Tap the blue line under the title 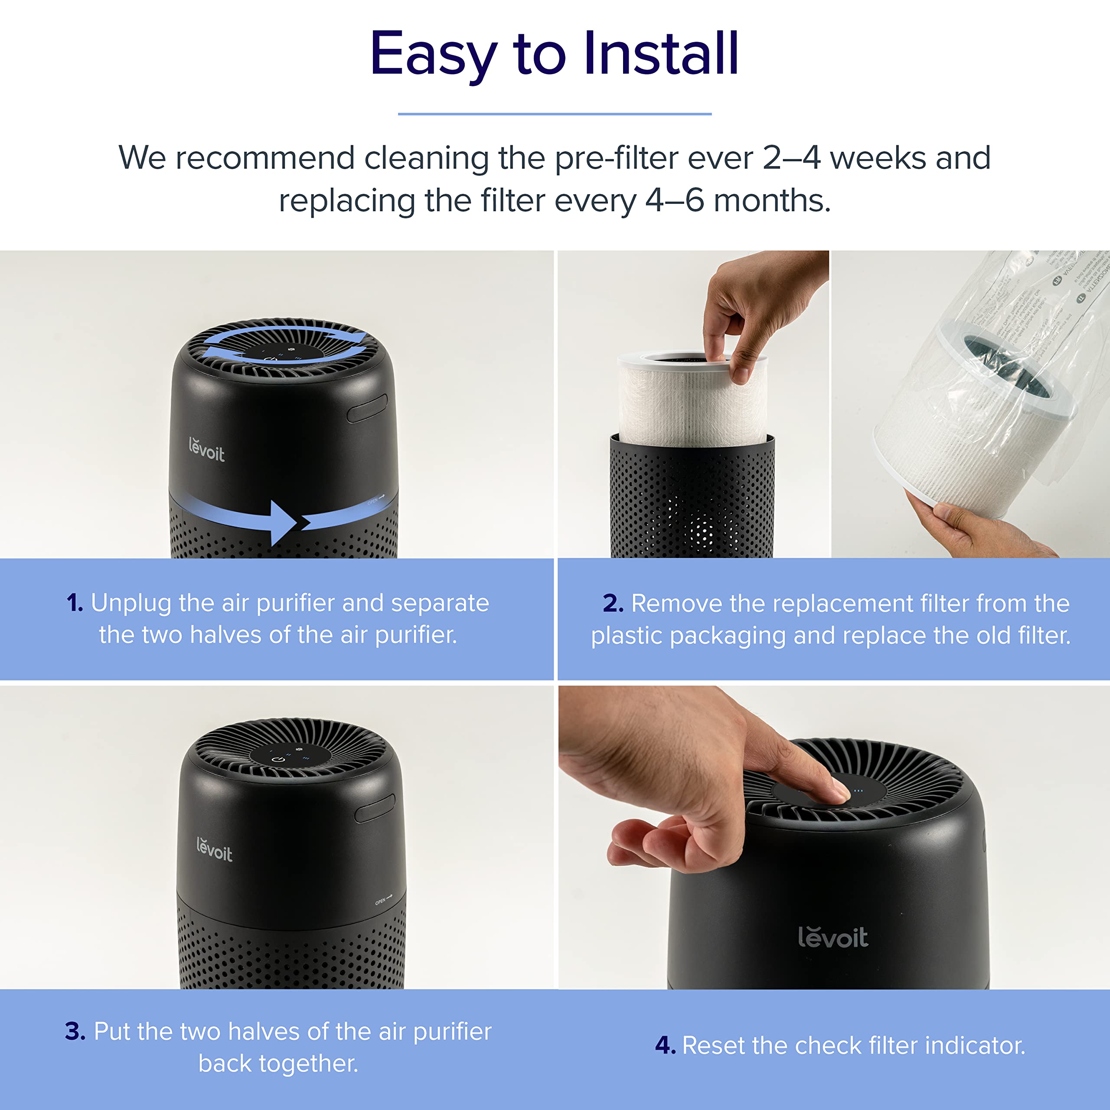[555, 114]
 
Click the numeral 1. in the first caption [75, 603]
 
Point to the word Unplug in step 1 [131, 603]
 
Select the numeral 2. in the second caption [613, 603]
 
